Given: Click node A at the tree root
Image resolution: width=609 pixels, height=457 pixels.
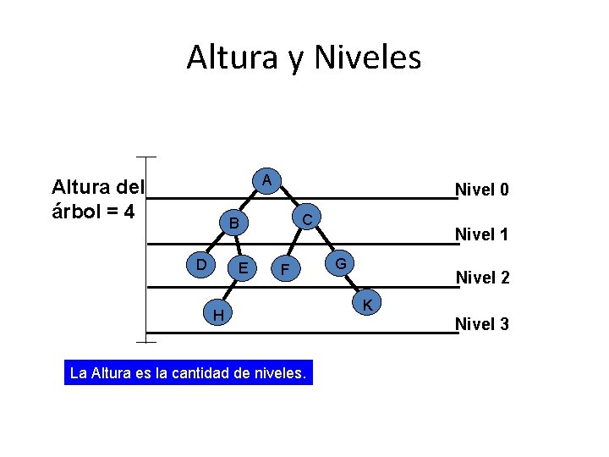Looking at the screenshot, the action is tap(266, 180).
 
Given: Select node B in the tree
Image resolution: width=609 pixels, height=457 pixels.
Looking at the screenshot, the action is tap(235, 224).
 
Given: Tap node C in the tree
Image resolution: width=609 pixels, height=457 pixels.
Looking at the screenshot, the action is tap(308, 218).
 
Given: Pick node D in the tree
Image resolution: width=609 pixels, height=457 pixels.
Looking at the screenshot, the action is tap(201, 265).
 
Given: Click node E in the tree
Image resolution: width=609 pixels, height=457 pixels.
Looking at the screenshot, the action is tap(244, 268).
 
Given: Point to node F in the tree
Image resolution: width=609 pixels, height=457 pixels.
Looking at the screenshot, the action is tap(286, 270).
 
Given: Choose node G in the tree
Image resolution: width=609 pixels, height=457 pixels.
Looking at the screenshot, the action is tap(340, 263).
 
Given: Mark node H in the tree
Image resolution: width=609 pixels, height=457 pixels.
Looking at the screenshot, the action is tap(218, 315).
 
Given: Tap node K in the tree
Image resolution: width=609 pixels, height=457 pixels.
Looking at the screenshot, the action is tap(369, 304).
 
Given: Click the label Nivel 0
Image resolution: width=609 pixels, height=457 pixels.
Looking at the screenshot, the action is tap(482, 190).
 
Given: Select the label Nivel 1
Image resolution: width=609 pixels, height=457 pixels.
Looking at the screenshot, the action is tap(482, 234).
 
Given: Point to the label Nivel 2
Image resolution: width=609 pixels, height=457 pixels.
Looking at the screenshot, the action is tap(483, 277).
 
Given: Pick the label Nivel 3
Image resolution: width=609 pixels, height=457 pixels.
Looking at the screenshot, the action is tap(482, 322).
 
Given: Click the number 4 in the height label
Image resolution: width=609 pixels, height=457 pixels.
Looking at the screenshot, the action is tap(129, 211).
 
